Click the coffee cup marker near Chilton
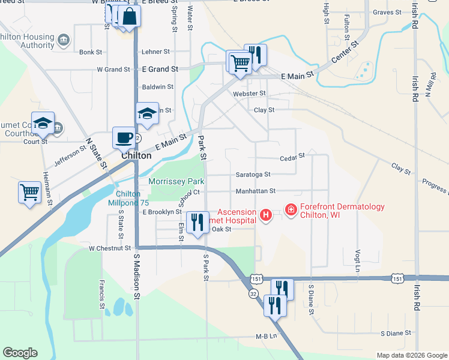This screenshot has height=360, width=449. coord(124,137)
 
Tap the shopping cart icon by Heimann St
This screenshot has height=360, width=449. coord(29,192)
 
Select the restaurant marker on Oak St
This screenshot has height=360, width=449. coord(197,222)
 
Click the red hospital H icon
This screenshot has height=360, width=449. coord(265,214)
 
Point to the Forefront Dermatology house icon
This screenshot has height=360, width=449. coord(291,209)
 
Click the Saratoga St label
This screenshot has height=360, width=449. coord(255,175)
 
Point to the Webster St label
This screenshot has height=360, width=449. coord(250,94)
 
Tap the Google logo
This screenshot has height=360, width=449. coord(20,353)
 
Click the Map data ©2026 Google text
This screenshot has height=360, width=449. coord(411,355)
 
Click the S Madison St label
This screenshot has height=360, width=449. coord(137,276)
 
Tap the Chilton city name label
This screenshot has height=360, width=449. coord(136,155)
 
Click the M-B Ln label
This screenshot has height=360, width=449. coord(265,337)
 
